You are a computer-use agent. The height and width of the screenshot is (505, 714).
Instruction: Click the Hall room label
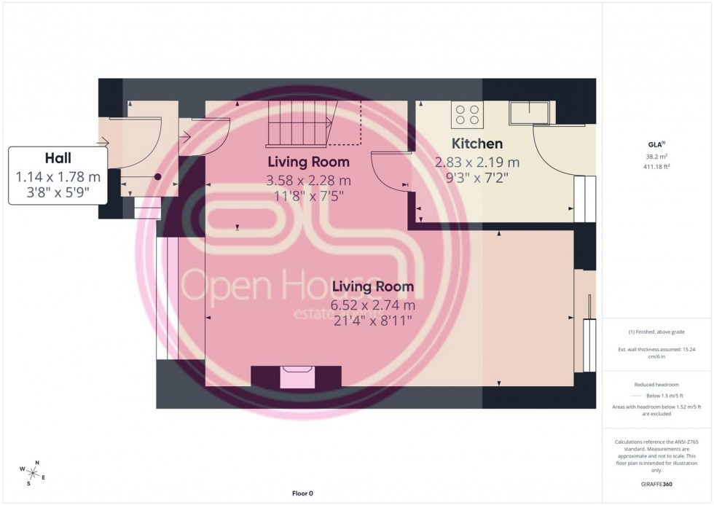[58, 158]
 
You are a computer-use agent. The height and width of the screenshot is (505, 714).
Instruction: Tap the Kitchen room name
[477, 144]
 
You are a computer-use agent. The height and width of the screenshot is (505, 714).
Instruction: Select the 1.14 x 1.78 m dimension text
[58, 177]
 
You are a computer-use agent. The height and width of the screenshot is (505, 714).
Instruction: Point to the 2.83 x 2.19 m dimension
[477, 163]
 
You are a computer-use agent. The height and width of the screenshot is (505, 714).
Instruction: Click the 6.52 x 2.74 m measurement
[372, 305]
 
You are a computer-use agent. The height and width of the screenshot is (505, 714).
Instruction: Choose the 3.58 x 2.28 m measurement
[308, 180]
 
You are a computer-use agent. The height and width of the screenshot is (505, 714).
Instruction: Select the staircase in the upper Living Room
[299, 123]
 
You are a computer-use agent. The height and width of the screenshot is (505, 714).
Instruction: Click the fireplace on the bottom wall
[296, 377]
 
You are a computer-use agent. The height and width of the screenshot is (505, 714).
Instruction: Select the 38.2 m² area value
[657, 157]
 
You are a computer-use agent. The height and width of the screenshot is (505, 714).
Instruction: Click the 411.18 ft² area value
[657, 166]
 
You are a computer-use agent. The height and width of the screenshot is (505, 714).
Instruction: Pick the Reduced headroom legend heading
[657, 384]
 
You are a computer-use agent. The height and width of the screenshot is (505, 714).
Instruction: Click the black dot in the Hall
[157, 176]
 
